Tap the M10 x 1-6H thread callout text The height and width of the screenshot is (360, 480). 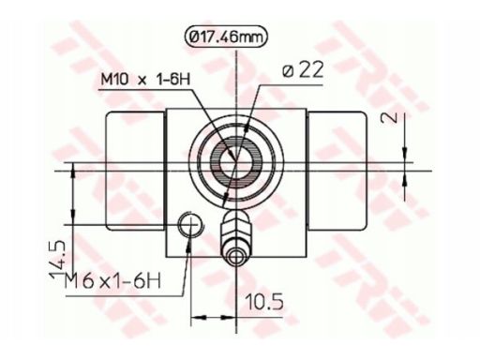[145, 80]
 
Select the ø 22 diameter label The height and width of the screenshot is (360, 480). [302, 71]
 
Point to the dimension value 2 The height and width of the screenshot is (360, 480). [390, 117]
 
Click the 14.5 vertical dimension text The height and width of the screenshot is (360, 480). [57, 259]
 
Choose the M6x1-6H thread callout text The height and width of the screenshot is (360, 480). [112, 280]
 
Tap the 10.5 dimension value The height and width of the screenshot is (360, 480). [264, 302]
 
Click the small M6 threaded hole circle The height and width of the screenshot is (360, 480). [190, 225]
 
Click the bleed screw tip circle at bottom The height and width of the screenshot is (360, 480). [235, 258]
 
